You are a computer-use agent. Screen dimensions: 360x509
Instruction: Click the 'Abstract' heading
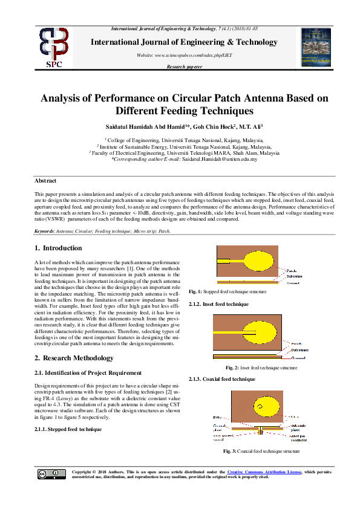[x=45, y=181]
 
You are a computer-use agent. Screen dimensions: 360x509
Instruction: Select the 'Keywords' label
[x=45, y=232]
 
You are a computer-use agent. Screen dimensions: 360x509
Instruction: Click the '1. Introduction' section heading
[x=58, y=248]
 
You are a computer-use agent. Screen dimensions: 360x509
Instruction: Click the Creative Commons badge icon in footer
[x=52, y=474]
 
